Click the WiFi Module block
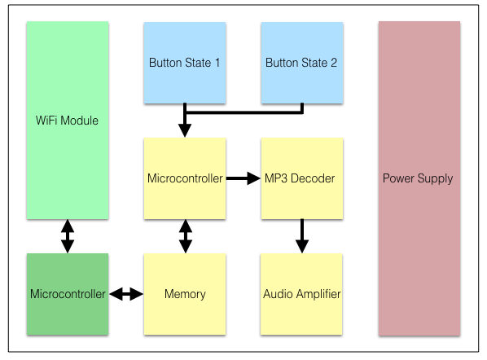pyautogui.click(x=68, y=121)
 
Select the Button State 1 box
pyautogui.click(x=185, y=63)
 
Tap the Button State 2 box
pyautogui.click(x=302, y=63)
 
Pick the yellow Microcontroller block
pyautogui.click(x=185, y=178)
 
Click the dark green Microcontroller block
pyautogui.click(x=68, y=294)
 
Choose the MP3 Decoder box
pyautogui.click(x=302, y=178)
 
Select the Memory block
pyautogui.click(x=185, y=294)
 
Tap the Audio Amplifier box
pyautogui.click(x=301, y=294)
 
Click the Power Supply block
pyautogui.click(x=419, y=178)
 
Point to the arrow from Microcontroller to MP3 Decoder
pyautogui.click(x=243, y=178)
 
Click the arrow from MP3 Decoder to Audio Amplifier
pyautogui.click(x=302, y=236)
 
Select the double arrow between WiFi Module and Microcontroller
pyautogui.click(x=68, y=236)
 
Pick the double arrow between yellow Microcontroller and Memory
pyautogui.click(x=186, y=236)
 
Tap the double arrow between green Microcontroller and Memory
pyautogui.click(x=126, y=294)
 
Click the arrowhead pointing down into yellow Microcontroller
pyautogui.click(x=185, y=130)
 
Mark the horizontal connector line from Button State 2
pyautogui.click(x=243, y=112)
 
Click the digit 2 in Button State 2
pyautogui.click(x=334, y=63)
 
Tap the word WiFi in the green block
pyautogui.click(x=46, y=121)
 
